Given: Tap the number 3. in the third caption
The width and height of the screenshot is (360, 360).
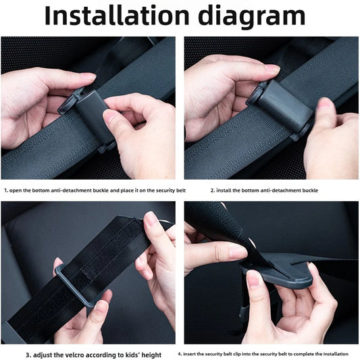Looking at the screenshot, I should point(28,354).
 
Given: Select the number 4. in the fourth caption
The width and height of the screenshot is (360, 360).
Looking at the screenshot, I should point(180,354).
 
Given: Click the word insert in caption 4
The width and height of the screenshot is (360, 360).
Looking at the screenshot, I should point(190,354).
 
